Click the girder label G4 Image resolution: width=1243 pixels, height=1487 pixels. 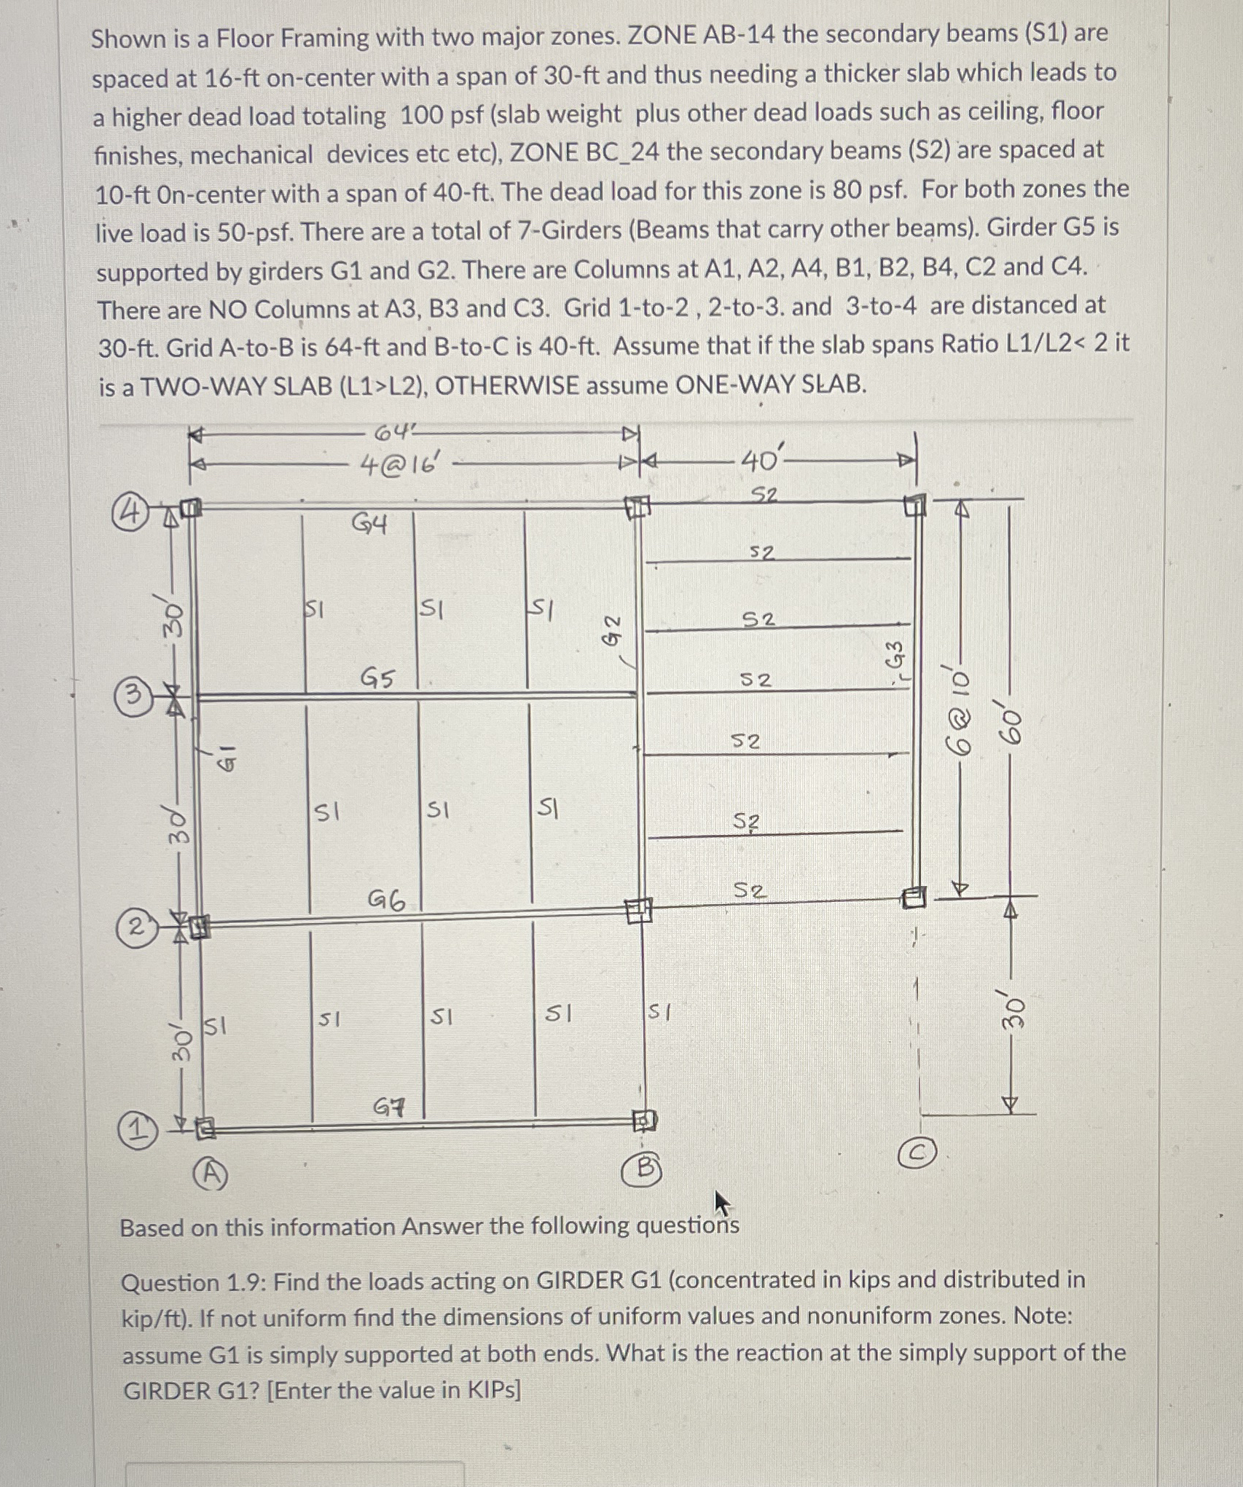[369, 523]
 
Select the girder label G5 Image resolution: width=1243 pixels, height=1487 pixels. [377, 678]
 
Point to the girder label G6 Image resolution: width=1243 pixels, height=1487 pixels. [386, 901]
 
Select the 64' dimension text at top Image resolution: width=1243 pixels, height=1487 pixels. [393, 433]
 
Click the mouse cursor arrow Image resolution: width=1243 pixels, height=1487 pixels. [722, 1203]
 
